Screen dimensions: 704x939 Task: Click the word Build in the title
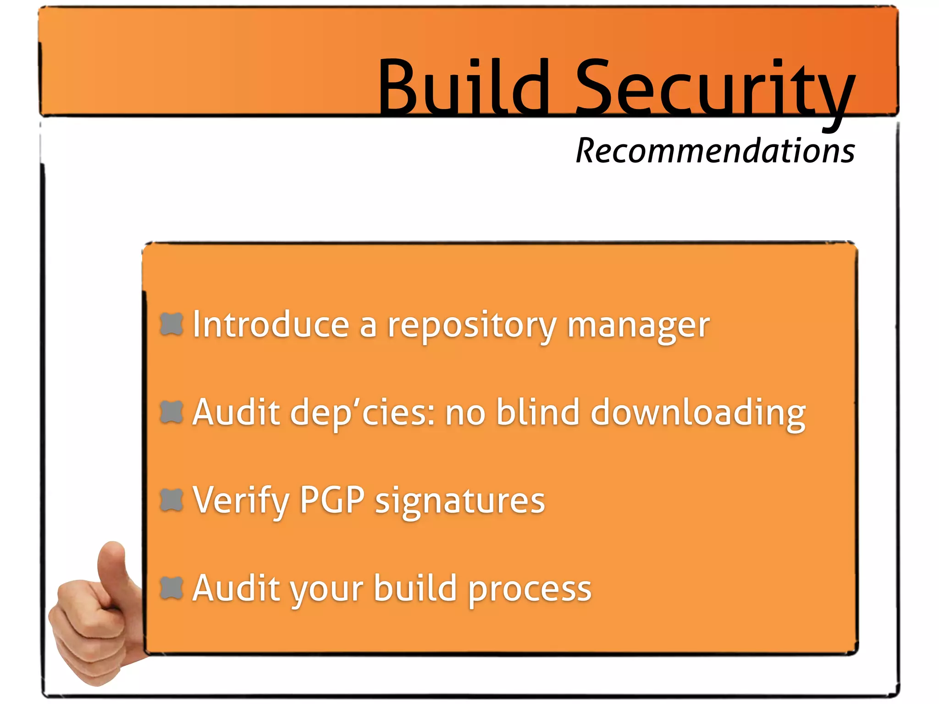tap(463, 87)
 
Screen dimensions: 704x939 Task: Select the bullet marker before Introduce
tap(171, 324)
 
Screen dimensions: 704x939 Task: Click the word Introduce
tap(271, 324)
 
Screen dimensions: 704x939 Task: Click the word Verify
tap(241, 500)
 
